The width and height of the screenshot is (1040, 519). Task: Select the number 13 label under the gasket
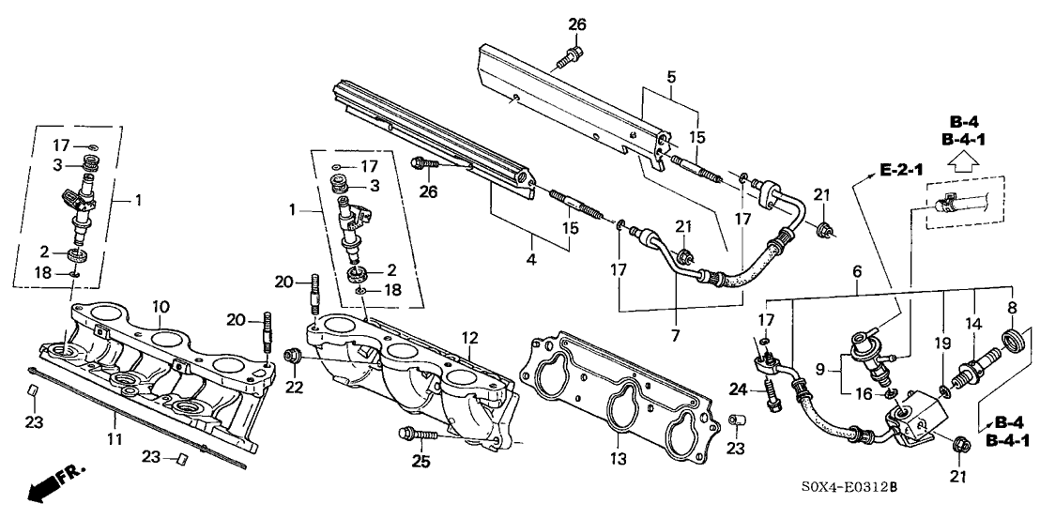click(618, 439)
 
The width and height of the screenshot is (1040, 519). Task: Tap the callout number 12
click(470, 337)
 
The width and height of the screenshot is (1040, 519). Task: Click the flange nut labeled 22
click(291, 356)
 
